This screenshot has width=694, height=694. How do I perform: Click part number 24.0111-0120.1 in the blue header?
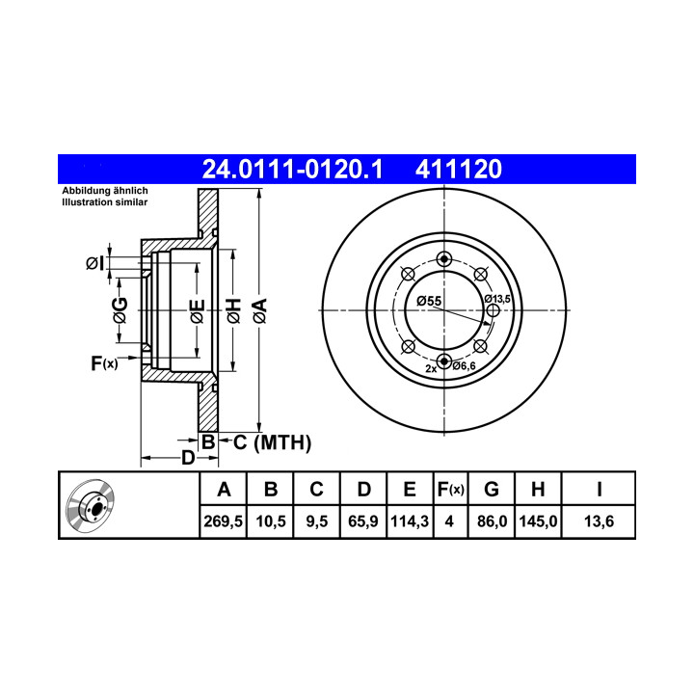tap(292, 169)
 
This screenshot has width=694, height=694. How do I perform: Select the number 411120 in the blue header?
tap(459, 169)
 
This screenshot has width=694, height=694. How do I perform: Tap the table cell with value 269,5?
tap(223, 521)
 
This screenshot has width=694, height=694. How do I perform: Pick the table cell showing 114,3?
tap(410, 521)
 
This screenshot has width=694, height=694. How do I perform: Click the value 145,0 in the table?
tap(538, 521)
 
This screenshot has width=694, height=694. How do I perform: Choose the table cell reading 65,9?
tap(363, 521)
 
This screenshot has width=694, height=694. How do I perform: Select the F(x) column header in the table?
tap(450, 490)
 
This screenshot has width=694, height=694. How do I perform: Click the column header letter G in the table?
tap(492, 490)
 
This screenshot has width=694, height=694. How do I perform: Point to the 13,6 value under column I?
tap(599, 521)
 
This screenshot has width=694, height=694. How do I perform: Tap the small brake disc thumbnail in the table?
tap(91, 506)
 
